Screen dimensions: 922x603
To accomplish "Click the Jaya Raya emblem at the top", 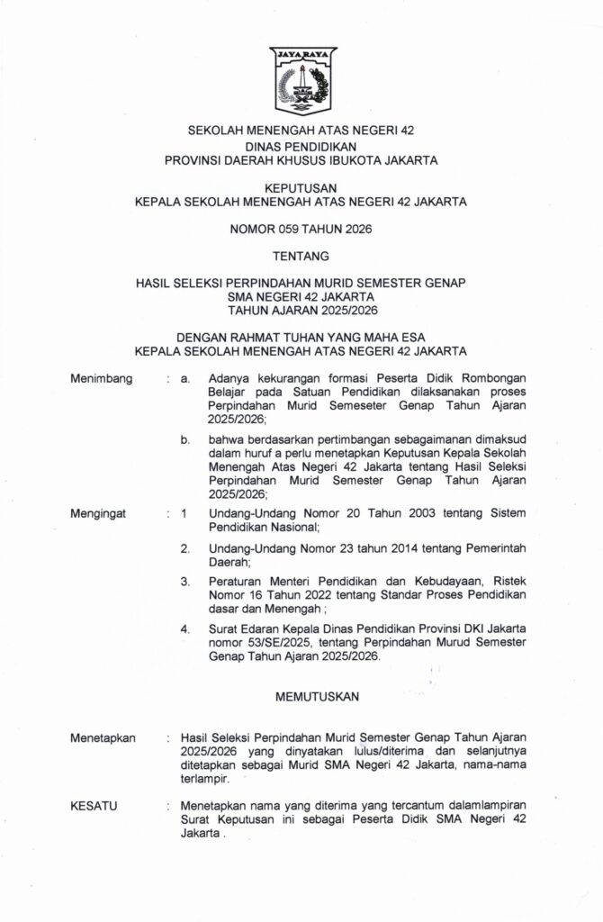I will pyautogui.click(x=301, y=84).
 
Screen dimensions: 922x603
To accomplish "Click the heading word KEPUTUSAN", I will pyautogui.click(x=301, y=188).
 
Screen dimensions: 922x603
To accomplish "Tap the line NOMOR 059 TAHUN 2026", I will pyautogui.click(x=301, y=230).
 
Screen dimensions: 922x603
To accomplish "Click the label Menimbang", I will pyautogui.click(x=102, y=379).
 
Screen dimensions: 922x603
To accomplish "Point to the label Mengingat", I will pyautogui.click(x=99, y=514).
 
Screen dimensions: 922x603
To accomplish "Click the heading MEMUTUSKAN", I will pyautogui.click(x=301, y=697).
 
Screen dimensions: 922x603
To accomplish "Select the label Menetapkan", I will pyautogui.click(x=103, y=737).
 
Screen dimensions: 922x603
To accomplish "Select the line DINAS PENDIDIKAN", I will pyautogui.click(x=301, y=146).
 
